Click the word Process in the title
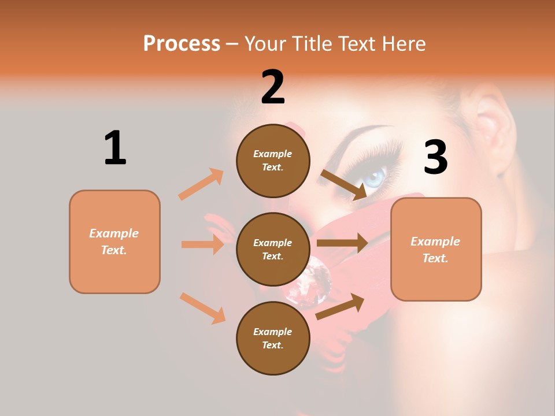tap(182, 43)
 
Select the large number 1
tap(115, 148)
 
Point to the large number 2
tap(273, 87)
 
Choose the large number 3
tap(436, 157)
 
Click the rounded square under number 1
tap(114, 242)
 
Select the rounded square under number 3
tap(436, 249)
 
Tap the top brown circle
tap(273, 161)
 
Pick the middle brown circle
tap(273, 249)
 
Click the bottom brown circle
tap(273, 338)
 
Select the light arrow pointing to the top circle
tap(201, 184)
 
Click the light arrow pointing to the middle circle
tap(202, 244)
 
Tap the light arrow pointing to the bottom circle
tap(202, 308)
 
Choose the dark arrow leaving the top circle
tap(344, 185)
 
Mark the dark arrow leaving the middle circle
tap(342, 243)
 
